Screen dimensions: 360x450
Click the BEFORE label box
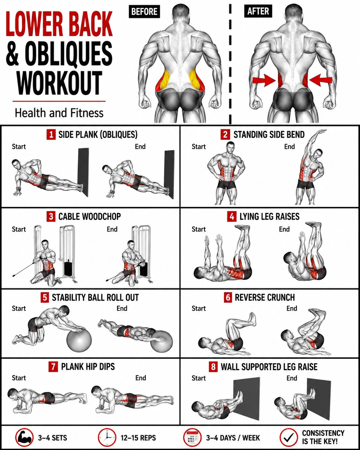(x=144, y=11)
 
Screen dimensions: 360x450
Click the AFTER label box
(x=258, y=11)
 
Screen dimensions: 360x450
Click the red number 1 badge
(x=51, y=134)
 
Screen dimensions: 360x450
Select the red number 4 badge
(x=232, y=216)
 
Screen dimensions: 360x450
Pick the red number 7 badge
(x=53, y=367)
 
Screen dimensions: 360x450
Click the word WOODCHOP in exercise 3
(x=102, y=216)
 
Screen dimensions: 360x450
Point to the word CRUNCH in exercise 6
(x=280, y=297)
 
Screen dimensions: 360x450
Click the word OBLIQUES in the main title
(x=69, y=53)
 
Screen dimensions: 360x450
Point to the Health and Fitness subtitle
(x=59, y=113)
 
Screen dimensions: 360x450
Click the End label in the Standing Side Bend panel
(x=289, y=147)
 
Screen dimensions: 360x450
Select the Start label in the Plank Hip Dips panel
(x=19, y=378)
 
